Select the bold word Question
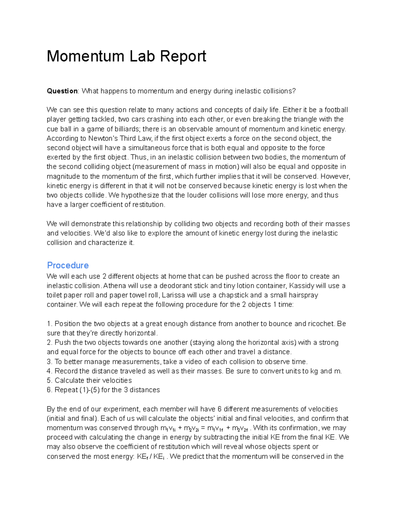point(62,91)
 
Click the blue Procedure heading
point(68,265)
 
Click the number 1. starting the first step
point(50,324)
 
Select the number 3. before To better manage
point(50,362)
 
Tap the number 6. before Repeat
point(50,390)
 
